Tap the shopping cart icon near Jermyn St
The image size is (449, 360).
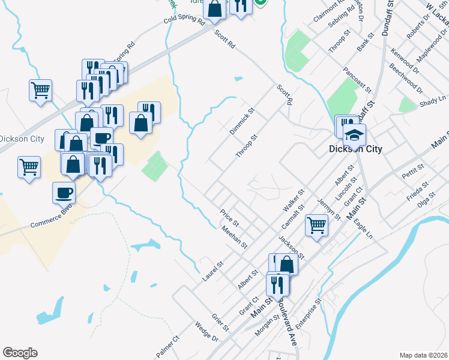pos(316,226)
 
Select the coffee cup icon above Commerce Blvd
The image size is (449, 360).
pos(64,193)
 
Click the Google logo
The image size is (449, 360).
pos(20,353)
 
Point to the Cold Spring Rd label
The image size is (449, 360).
pos(185,20)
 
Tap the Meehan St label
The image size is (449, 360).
pos(234,237)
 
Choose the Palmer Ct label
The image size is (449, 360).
pos(168,347)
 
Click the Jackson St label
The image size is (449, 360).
pos(292,247)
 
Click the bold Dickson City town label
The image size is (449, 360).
pos(355,149)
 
